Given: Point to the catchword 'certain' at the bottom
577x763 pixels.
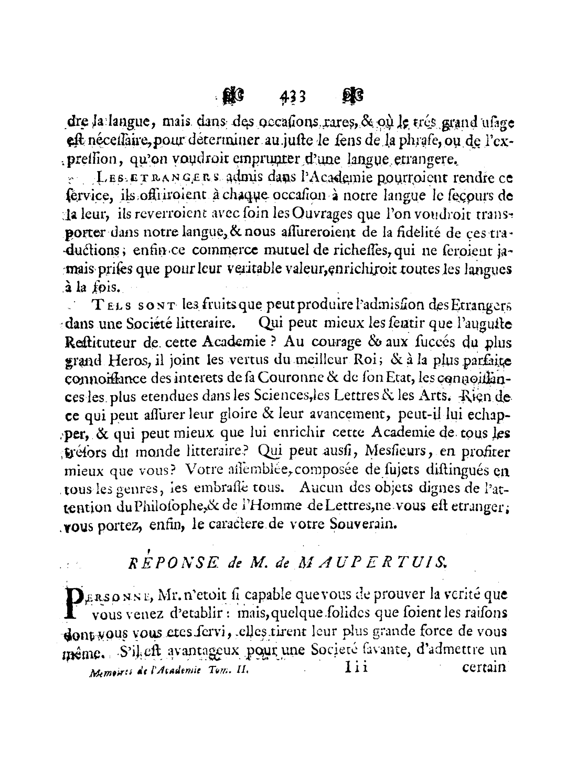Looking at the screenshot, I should pos(484,669).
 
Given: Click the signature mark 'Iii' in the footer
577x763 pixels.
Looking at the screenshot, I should pos(357,668).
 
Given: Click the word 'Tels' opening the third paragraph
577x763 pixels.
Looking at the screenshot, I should pos(108,306).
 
